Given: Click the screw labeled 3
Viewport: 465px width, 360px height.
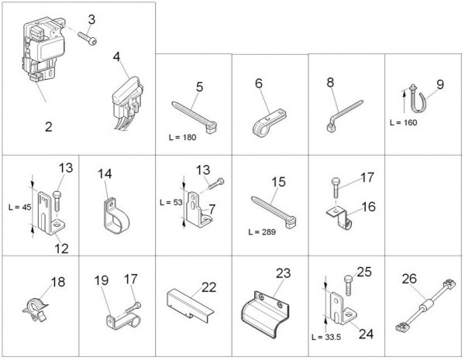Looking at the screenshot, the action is click(87, 39).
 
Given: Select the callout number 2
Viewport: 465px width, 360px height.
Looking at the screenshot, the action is click(49, 127).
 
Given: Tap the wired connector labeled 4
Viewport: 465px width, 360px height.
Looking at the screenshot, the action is click(128, 102).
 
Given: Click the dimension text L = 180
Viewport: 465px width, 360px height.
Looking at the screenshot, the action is click(182, 138).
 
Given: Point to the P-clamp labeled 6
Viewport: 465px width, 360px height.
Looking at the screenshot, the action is click(268, 123).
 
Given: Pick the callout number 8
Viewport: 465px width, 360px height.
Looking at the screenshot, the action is click(330, 82).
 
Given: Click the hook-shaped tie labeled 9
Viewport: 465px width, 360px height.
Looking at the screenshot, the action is click(418, 100).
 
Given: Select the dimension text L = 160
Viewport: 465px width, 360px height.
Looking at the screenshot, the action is click(403, 122).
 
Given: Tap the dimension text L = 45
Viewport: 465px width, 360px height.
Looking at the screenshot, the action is click(19, 207).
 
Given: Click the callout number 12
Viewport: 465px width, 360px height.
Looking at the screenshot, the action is click(62, 249).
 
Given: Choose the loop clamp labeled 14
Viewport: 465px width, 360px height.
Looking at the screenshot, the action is click(116, 216).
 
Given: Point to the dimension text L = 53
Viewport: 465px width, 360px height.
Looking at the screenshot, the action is click(170, 203).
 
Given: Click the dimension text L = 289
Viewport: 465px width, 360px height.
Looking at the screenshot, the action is click(262, 232).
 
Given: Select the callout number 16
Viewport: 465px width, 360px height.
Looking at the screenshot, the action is click(369, 207).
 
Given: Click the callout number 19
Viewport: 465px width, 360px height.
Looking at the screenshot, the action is click(102, 280).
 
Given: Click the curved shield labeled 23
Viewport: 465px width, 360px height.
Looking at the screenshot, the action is click(265, 314).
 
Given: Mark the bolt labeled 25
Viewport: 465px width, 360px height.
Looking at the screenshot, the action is click(349, 285).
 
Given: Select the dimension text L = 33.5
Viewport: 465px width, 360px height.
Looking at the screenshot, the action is click(326, 338).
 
